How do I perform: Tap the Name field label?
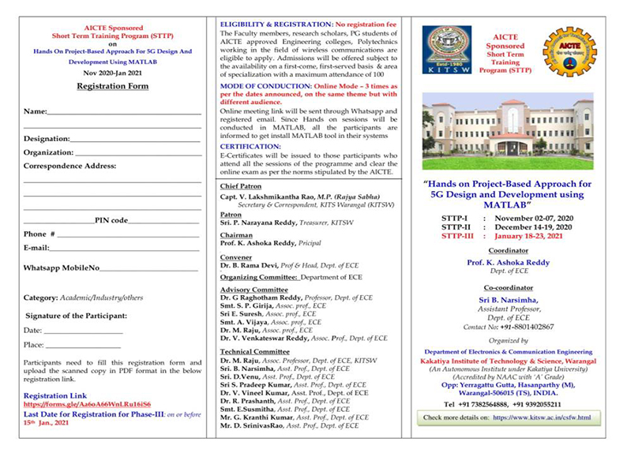35,112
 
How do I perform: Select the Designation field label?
47,139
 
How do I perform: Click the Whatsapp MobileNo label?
61,268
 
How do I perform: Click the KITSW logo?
446,51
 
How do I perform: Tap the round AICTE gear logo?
569,51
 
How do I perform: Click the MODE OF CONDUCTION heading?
264,84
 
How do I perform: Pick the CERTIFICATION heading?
250,147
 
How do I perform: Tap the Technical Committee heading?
255,351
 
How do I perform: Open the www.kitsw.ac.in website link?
542,417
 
